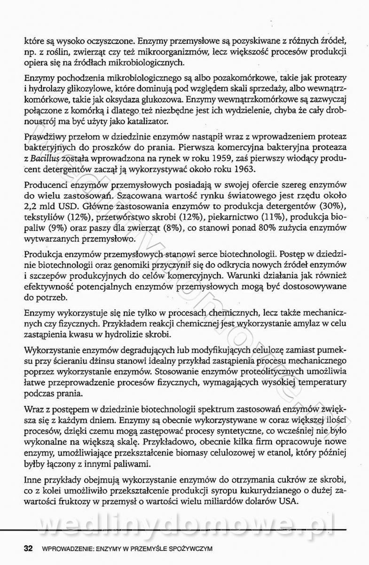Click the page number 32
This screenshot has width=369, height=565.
(28, 549)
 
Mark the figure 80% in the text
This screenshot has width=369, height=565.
(260, 228)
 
